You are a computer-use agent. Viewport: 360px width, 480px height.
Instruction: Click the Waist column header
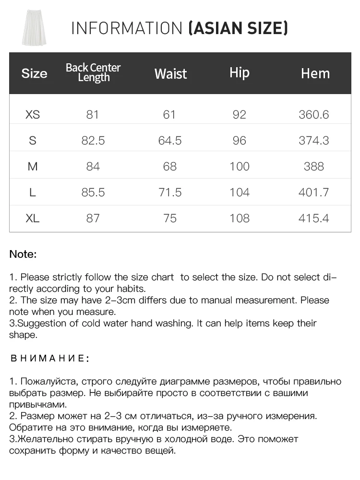point(170,73)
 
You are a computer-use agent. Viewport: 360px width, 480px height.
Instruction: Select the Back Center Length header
point(93,72)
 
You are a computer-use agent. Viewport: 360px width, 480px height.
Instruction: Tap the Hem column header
point(315,73)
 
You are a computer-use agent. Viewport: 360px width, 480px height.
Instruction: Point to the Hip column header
point(239,72)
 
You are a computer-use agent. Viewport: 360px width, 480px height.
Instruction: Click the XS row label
point(33,115)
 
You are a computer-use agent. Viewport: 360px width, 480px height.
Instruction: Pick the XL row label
point(33,218)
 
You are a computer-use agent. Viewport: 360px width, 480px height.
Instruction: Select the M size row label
point(33,167)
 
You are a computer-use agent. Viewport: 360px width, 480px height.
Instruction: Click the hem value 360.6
point(313,115)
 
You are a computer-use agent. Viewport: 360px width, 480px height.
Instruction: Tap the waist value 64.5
point(170,141)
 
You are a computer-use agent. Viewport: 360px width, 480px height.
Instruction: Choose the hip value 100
point(240,167)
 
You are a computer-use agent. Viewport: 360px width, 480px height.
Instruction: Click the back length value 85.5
point(93,192)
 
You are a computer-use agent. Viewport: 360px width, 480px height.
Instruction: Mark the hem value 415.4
point(313,218)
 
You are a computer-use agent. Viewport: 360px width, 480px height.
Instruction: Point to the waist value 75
point(170,218)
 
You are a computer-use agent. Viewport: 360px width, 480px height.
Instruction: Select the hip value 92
point(239,115)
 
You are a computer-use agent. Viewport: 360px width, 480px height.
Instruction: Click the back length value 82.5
point(93,141)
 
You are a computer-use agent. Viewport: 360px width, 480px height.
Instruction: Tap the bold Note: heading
point(23,254)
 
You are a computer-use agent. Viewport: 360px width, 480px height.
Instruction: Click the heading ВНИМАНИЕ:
point(49,359)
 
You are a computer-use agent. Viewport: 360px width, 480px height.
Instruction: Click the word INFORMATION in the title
point(127,28)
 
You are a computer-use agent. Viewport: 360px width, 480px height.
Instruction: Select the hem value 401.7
point(313,192)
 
